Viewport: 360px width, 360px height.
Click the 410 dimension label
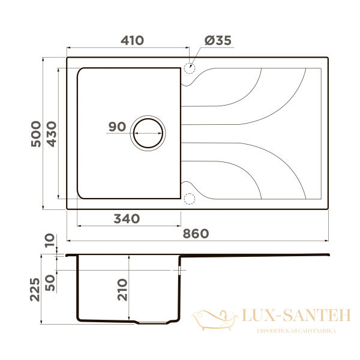(132, 40)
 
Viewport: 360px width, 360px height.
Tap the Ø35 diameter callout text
(218, 41)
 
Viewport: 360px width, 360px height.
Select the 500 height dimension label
(36, 134)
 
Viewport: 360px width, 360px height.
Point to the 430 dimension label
(52, 134)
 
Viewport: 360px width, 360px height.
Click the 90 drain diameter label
(118, 127)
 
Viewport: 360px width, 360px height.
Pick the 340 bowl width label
(127, 218)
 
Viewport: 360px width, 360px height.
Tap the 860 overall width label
(196, 234)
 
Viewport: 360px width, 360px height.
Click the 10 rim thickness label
(50, 241)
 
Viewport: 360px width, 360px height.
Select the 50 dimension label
(50, 283)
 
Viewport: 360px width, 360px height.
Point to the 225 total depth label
(35, 290)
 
